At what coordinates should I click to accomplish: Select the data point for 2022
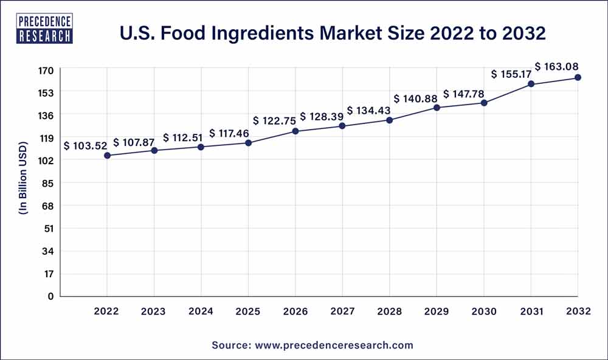coord(107,156)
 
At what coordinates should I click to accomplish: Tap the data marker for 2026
coord(295,131)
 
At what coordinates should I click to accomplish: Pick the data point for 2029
coord(437,108)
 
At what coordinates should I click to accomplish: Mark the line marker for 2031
coord(531,84)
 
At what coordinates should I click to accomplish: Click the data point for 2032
coord(578,77)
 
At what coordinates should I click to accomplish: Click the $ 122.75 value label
coord(277,120)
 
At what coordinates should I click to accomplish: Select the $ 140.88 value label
coord(416,99)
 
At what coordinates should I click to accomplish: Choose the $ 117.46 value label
coord(229,133)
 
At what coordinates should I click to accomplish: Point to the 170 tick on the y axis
coord(47,71)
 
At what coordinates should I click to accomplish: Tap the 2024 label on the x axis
coord(201,311)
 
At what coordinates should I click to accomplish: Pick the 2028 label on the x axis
coord(389,311)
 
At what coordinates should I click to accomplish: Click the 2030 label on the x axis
coord(483,311)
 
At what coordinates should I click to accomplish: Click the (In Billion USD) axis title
coord(24,178)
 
